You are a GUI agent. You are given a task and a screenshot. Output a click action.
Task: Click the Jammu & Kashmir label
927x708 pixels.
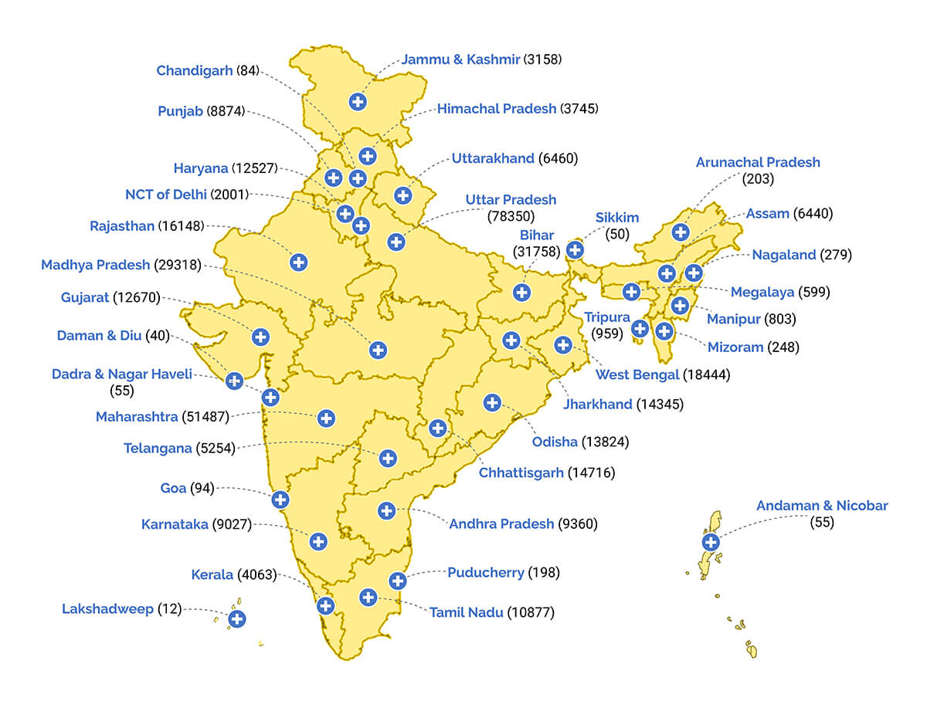460,59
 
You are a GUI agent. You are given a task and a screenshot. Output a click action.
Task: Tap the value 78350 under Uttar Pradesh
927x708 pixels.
511,216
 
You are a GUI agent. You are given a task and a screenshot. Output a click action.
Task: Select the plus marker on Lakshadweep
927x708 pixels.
237,618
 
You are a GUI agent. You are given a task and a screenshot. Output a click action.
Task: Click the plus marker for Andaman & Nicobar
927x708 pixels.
710,541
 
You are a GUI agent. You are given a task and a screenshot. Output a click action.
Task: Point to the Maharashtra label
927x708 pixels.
137,418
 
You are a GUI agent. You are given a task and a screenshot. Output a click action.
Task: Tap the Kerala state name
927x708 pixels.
212,575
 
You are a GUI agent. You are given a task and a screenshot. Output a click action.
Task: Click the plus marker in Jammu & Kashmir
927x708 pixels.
357,101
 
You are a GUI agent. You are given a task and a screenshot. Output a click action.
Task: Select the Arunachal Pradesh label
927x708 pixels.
758,163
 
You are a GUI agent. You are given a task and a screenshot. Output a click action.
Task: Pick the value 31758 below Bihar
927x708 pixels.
536,251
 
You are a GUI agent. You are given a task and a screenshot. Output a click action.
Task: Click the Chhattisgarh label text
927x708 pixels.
521,473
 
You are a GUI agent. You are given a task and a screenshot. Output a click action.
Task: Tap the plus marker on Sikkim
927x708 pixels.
575,249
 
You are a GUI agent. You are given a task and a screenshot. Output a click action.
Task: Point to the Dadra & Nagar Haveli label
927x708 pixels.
121,374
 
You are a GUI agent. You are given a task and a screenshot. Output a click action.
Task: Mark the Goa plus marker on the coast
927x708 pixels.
280,500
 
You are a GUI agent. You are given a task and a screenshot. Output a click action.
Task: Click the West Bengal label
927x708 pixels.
637,375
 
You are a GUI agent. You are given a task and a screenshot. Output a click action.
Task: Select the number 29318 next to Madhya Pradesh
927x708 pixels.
178,265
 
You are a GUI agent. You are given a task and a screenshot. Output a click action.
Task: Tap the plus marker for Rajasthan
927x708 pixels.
299,262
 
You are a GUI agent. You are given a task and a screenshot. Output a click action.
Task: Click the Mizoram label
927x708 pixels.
734,347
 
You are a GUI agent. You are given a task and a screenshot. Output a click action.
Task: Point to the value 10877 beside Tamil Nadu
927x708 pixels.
531,612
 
